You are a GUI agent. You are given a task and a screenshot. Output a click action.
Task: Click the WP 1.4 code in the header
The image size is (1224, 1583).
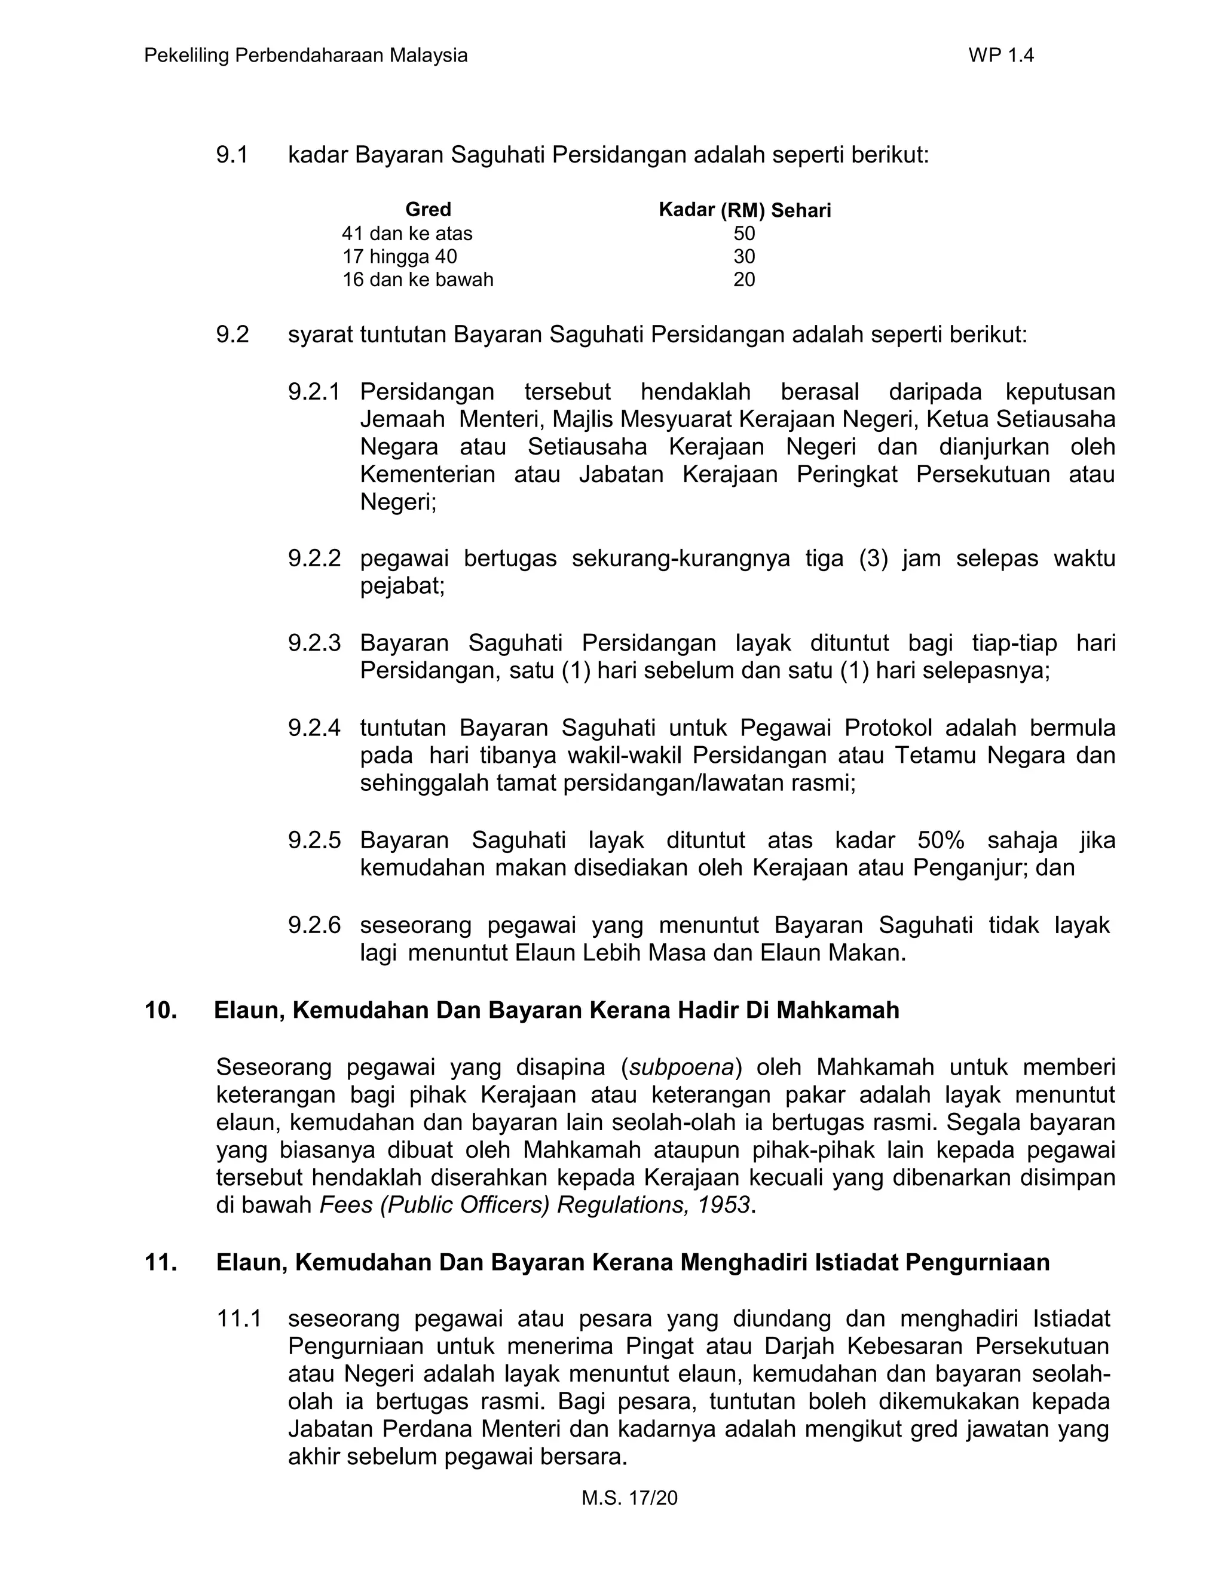(x=1000, y=56)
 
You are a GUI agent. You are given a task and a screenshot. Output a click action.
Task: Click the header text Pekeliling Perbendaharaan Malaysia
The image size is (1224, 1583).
(x=305, y=56)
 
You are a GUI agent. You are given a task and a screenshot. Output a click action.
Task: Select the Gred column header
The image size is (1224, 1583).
(x=428, y=210)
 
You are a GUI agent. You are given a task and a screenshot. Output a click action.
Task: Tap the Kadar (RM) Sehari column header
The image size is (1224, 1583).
(x=744, y=210)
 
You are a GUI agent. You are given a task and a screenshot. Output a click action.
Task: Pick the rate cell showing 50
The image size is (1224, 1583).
(x=744, y=234)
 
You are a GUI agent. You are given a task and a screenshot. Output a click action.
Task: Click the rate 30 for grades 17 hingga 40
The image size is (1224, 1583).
(x=744, y=257)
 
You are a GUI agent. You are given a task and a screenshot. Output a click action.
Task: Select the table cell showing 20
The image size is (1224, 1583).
(x=744, y=280)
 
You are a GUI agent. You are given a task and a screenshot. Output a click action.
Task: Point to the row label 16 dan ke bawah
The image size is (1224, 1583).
(x=417, y=280)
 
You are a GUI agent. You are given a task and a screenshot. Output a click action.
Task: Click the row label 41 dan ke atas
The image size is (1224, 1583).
(x=407, y=234)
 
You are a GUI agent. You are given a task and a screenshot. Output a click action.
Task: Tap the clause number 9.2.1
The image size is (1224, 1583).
(x=313, y=392)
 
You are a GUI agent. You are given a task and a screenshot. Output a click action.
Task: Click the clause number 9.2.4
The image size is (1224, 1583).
(x=313, y=728)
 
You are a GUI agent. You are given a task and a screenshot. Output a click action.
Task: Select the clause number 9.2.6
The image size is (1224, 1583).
(x=313, y=925)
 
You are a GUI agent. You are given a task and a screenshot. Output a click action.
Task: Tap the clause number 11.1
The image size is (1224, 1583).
(x=238, y=1318)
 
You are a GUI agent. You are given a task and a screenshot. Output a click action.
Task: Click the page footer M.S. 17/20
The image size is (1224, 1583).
(x=629, y=1498)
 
